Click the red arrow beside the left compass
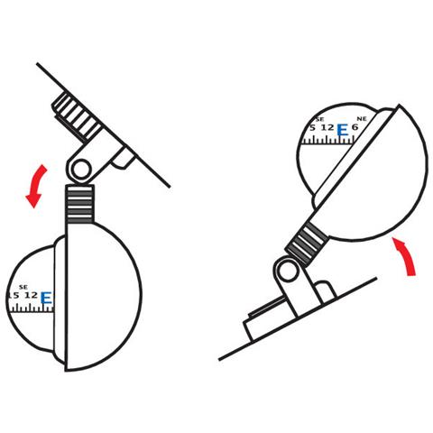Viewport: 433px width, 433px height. point(35,187)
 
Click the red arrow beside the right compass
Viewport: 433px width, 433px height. point(407,255)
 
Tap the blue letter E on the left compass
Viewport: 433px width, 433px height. point(46,298)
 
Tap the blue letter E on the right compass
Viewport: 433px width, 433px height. point(342,130)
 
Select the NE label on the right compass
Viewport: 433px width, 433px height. point(362,119)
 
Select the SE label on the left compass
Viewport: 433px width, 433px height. point(23,287)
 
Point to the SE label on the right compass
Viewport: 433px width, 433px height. point(320,119)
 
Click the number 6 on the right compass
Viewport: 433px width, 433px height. point(355,127)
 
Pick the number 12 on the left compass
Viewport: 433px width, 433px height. point(31,295)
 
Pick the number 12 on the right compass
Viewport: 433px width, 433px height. point(327,127)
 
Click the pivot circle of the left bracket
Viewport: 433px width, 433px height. point(81,170)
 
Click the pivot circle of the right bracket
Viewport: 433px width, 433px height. point(288,272)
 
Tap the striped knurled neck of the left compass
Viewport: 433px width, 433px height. point(80,204)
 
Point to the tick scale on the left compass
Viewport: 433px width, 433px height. point(32,308)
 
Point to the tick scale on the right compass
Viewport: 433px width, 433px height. point(328,140)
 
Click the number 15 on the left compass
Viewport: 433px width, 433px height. point(14,295)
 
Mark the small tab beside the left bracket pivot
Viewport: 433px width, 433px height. point(123,158)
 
